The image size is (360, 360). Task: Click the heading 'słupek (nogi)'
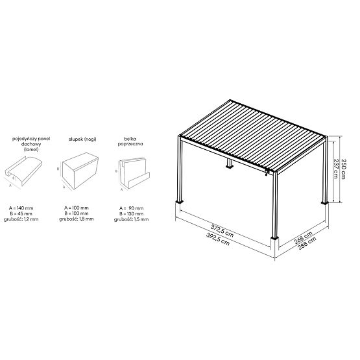pos(80,139)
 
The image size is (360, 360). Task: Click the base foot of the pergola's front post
pos(275,245)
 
